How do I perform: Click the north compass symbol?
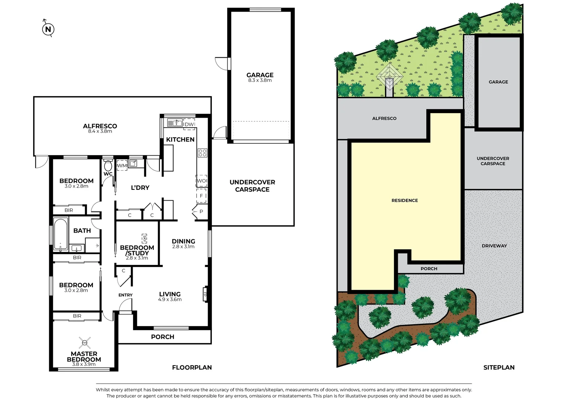click(x=48, y=29)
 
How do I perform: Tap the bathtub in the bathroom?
click(x=60, y=234)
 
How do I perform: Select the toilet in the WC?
click(x=108, y=165)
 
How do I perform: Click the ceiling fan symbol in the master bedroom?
click(x=85, y=343)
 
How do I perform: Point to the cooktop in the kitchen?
click(x=202, y=153)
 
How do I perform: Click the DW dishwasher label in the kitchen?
click(x=189, y=124)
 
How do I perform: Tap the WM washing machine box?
click(x=122, y=165)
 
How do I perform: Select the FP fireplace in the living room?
click(x=205, y=294)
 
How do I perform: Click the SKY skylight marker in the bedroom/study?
click(x=144, y=239)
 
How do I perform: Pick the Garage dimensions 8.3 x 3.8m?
click(x=260, y=80)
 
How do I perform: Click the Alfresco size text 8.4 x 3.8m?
click(x=100, y=131)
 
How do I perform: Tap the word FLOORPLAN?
click(x=192, y=367)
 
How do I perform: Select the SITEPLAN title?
click(x=499, y=367)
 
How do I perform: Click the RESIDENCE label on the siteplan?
click(x=405, y=200)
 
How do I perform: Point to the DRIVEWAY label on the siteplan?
click(x=494, y=246)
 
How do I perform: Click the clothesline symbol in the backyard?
click(x=390, y=76)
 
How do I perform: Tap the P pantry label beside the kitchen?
click(x=201, y=211)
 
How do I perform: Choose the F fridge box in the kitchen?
click(x=201, y=195)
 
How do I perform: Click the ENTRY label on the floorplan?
click(x=126, y=295)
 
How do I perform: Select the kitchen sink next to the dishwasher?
click(x=175, y=123)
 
